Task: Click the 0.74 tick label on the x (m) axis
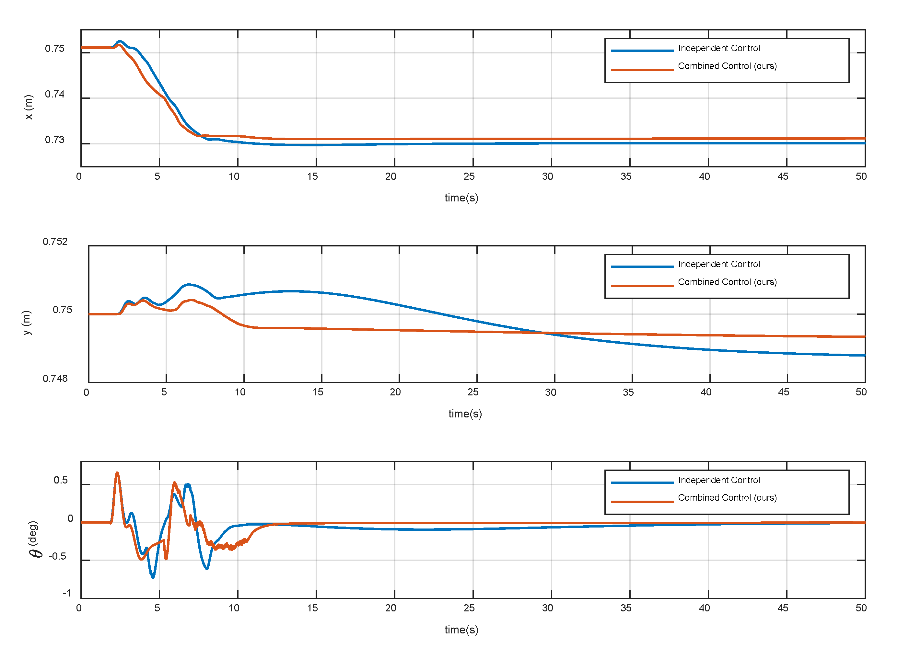(55, 94)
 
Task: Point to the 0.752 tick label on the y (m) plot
(55, 241)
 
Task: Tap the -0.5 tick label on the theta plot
(57, 556)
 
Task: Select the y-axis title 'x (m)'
(28, 107)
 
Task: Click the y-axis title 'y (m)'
(26, 323)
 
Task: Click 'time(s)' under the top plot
(461, 198)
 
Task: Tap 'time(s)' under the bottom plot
(461, 630)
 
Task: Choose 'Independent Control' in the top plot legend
(719, 48)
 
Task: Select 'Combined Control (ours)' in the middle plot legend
(727, 282)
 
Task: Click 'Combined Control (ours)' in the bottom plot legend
(727, 497)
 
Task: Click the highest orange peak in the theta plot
(117, 473)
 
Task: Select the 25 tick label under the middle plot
(473, 392)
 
